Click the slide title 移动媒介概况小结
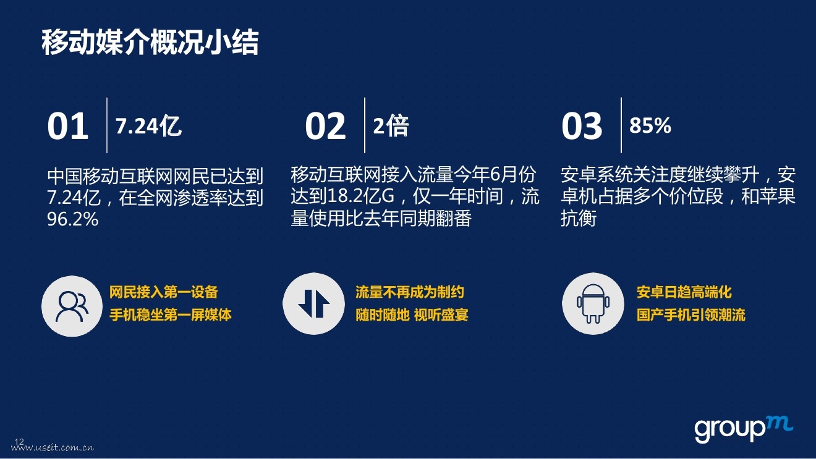(150, 43)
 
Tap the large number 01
(68, 126)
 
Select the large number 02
(325, 126)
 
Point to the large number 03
(582, 126)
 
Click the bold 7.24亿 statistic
(148, 126)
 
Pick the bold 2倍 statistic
(391, 126)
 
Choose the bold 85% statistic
(650, 125)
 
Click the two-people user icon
(72, 306)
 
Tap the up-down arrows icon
(313, 303)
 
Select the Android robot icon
(593, 303)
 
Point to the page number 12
(19, 442)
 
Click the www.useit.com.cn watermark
(52, 448)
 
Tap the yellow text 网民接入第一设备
(164, 292)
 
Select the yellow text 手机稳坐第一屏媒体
(171, 315)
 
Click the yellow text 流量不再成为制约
(410, 292)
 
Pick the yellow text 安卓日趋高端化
(684, 292)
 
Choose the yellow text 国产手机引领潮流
(691, 315)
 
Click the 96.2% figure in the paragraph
(72, 219)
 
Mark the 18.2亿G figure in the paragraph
(361, 196)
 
